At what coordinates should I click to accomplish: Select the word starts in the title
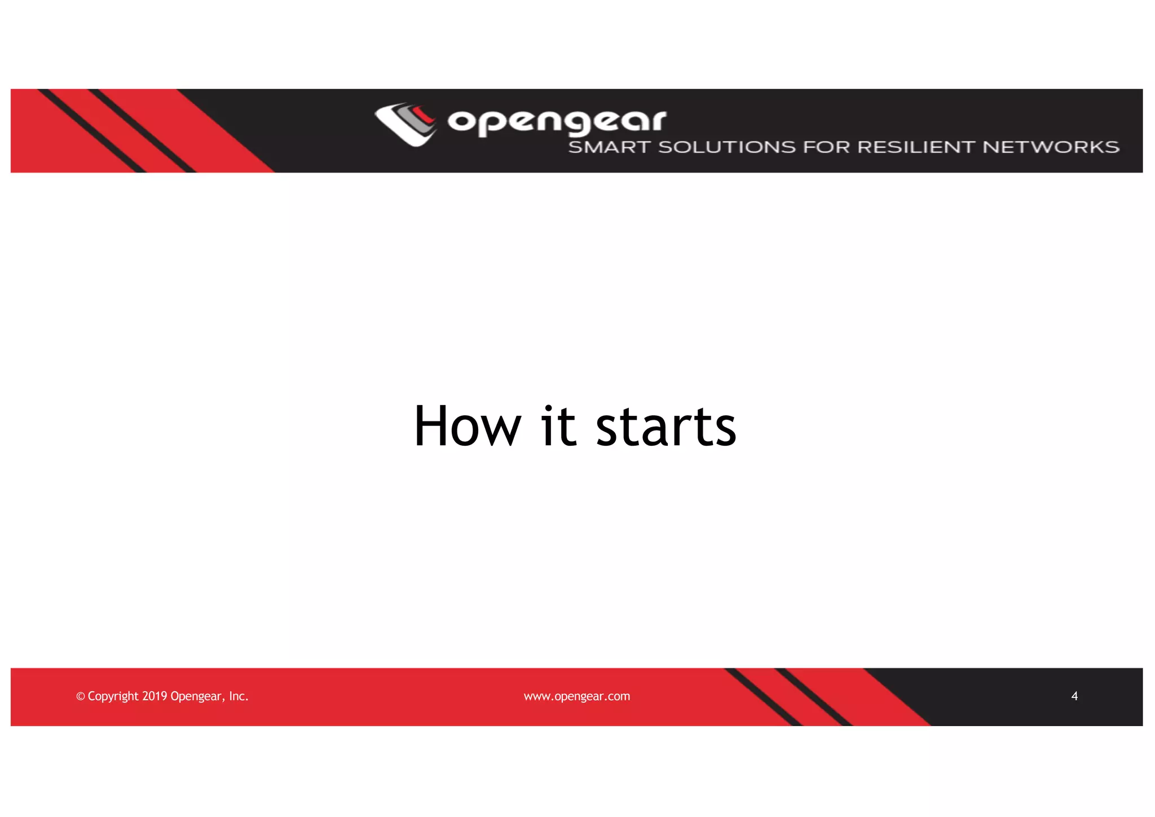coord(666,427)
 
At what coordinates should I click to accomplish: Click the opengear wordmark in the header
coord(557,121)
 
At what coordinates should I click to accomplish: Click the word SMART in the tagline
coord(609,147)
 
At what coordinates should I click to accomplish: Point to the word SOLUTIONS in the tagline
coord(727,147)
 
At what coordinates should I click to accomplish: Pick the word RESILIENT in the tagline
coord(916,147)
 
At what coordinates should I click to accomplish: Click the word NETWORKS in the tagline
coord(1051,147)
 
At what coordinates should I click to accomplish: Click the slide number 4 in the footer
coord(1074,696)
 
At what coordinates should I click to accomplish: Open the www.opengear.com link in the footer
coord(577,696)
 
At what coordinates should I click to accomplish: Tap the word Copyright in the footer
coord(113,696)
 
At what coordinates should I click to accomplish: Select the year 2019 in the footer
coord(155,696)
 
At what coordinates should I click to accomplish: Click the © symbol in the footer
coord(80,697)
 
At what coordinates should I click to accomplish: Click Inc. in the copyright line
coord(239,696)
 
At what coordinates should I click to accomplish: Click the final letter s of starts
coord(724,432)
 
